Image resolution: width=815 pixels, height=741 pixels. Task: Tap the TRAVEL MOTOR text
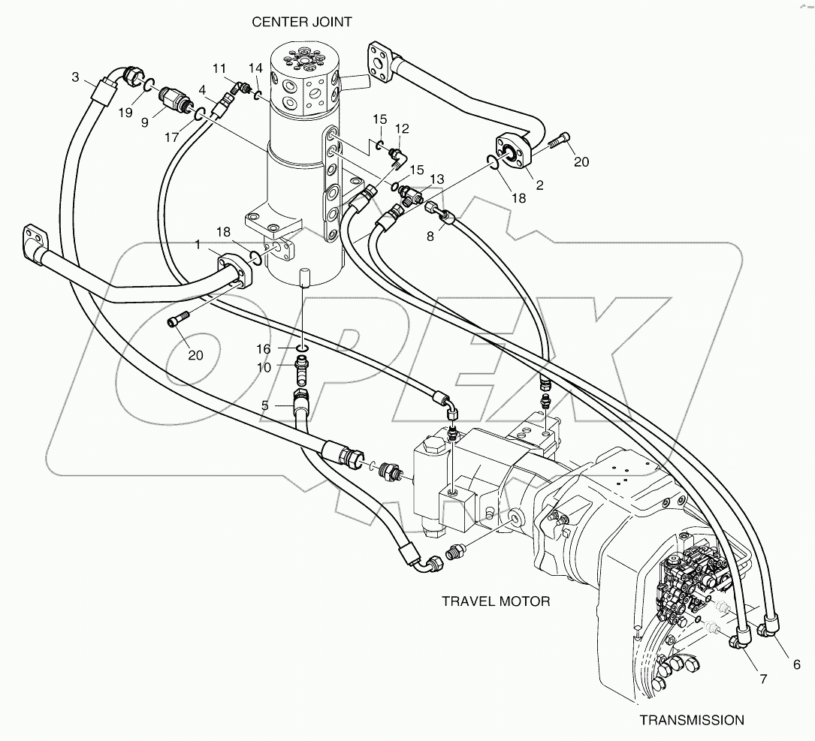(495, 601)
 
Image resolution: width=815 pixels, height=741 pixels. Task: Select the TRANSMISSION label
(692, 720)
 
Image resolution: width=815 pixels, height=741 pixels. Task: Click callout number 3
(76, 77)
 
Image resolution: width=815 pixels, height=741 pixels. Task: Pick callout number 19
(124, 113)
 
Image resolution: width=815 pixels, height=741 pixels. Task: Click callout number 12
(402, 128)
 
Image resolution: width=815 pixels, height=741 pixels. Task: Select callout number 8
(430, 235)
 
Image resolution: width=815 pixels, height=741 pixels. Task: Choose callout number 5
(265, 405)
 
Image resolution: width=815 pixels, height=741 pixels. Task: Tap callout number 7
(762, 679)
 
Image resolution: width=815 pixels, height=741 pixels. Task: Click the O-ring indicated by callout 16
(300, 348)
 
